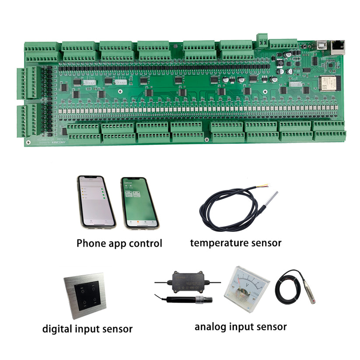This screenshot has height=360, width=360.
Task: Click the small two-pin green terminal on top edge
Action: (x=262, y=39)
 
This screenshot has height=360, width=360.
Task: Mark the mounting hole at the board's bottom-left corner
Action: (x=28, y=142)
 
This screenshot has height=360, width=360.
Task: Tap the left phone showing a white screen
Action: (x=96, y=202)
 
